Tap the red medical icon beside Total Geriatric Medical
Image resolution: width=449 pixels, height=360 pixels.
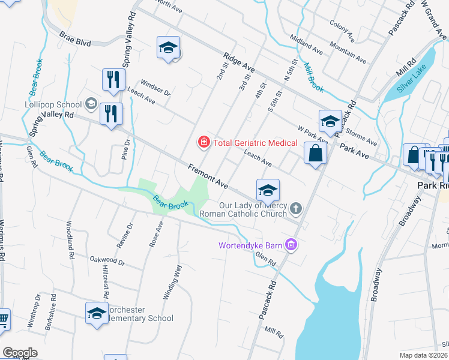[x=204, y=143]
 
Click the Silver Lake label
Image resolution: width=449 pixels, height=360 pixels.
[x=414, y=82]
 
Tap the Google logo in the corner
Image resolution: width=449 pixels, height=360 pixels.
[x=20, y=353]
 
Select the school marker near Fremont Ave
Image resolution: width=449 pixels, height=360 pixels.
[x=268, y=191]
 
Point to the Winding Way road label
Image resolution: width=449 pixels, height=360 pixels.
[x=172, y=283]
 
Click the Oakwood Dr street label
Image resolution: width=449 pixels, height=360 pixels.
[x=107, y=262]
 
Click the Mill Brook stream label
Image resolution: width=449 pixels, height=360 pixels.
[x=313, y=77]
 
